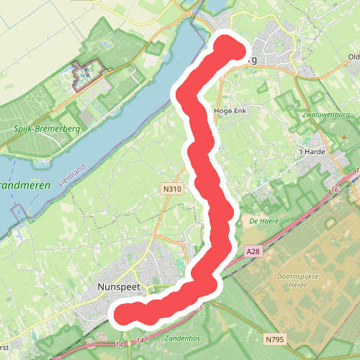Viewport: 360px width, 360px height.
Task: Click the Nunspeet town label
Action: click(117, 286)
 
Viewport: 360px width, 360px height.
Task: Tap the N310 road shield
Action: click(170, 189)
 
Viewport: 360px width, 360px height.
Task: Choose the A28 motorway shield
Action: click(251, 251)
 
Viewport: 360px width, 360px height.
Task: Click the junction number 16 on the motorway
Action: click(335, 189)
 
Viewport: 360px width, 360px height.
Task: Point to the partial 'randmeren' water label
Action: click(25, 184)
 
